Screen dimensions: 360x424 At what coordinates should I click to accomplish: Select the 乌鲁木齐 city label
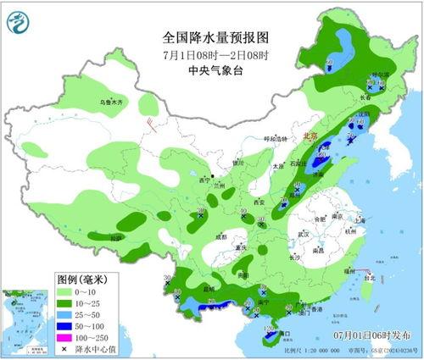pyautogui.click(x=111, y=102)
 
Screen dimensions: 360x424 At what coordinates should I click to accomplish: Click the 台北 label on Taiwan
pyautogui.click(x=368, y=277)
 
